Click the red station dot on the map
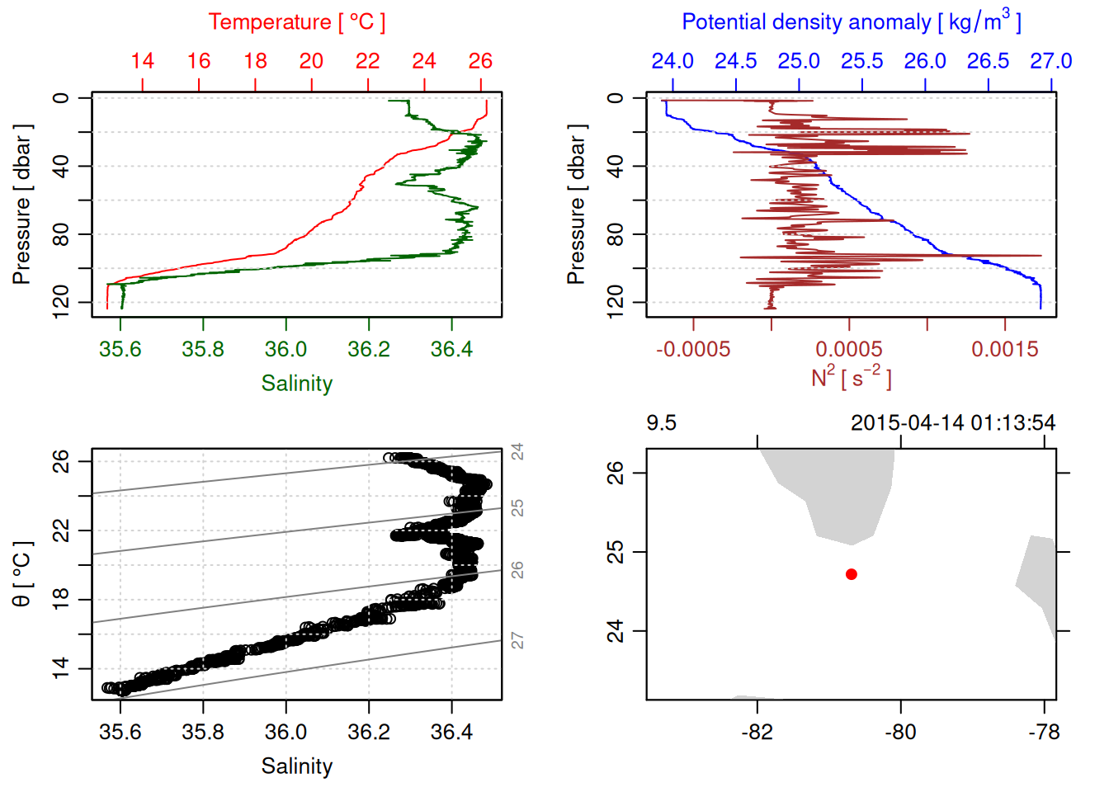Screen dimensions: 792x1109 [852, 574]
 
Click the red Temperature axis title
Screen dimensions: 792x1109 [296, 22]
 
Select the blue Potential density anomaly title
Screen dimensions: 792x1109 [851, 22]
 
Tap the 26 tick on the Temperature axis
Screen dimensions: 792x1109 [480, 61]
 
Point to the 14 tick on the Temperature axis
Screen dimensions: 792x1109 [143, 61]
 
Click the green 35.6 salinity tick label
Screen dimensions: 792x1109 [120, 350]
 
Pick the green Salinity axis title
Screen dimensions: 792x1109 [296, 384]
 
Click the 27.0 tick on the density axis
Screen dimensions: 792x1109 [1050, 61]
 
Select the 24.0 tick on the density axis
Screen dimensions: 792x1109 [672, 61]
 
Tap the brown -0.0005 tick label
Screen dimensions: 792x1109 [693, 350]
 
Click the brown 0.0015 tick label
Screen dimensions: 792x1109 [1005, 350]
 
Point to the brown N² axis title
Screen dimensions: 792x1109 [851, 378]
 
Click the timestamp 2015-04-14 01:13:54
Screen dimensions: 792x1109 [953, 423]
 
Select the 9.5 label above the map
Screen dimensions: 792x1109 [661, 423]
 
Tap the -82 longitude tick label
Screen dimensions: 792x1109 [757, 733]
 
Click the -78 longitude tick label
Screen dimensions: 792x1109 [1044, 733]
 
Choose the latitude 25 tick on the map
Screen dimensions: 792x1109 [616, 552]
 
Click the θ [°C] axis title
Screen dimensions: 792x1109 [22, 574]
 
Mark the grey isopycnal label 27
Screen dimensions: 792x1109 [517, 640]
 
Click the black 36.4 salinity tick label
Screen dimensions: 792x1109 [451, 733]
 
